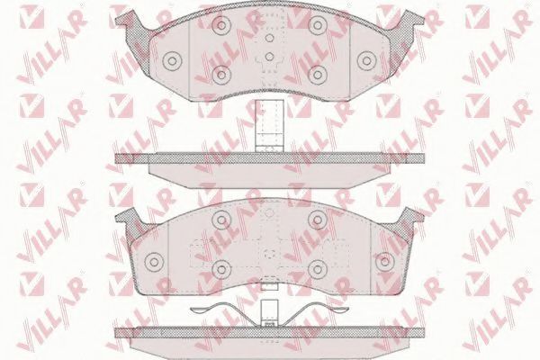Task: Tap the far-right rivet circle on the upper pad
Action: coord(366,61)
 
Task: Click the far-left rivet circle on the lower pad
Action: coord(153,262)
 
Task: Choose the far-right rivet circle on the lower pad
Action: coord(385,262)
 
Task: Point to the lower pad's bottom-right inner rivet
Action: coord(317,265)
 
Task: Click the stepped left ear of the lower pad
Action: coord(127,218)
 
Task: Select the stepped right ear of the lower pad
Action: coord(413,218)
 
